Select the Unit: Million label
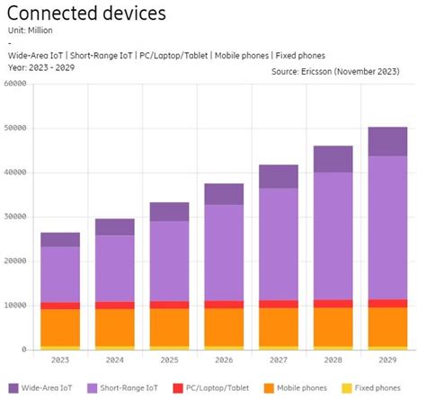pos(37,31)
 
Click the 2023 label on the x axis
pos(59,360)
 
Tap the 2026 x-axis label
pos(224,360)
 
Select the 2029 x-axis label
pos(387,360)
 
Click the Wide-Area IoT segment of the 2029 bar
pos(387,141)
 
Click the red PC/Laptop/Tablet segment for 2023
pos(59,306)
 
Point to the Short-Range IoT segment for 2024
pos(114,268)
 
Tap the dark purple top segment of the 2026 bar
pos(224,194)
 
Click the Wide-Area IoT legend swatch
pos(13,387)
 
